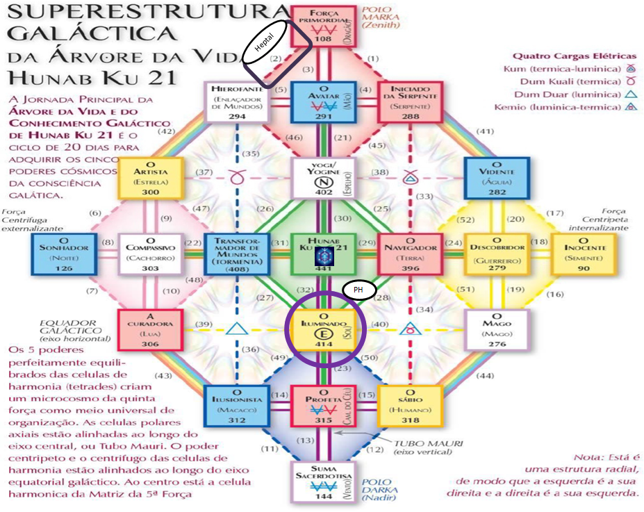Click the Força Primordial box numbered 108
click(x=323, y=26)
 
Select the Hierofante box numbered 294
click(x=236, y=103)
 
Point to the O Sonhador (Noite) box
click(x=63, y=254)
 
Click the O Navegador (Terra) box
click(x=411, y=254)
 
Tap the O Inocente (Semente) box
click(x=584, y=254)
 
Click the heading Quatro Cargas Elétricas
click(x=574, y=56)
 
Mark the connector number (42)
click(x=167, y=131)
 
